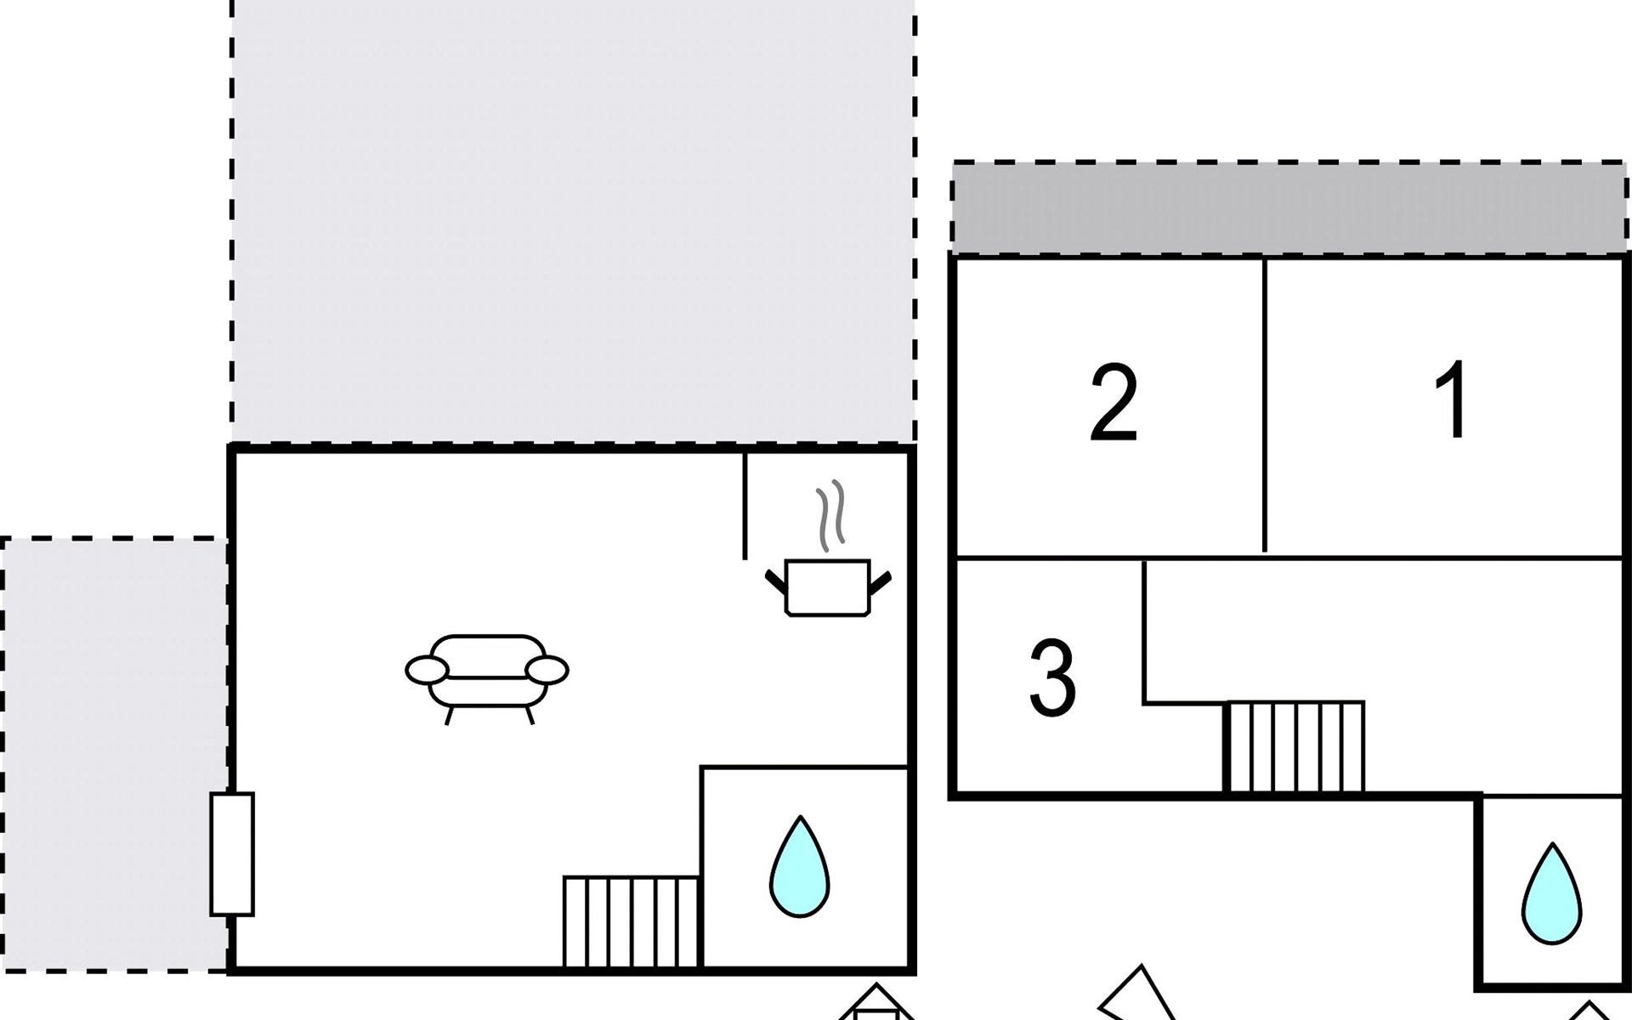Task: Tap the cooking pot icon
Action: pyautogui.click(x=827, y=586)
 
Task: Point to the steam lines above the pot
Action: pyautogui.click(x=831, y=514)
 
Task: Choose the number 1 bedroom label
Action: pyautogui.click(x=1452, y=399)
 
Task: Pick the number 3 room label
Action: pyautogui.click(x=1052, y=678)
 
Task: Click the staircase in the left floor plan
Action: pyautogui.click(x=631, y=921)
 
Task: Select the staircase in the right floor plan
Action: pyautogui.click(x=1295, y=747)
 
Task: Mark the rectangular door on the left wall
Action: pyautogui.click(x=232, y=853)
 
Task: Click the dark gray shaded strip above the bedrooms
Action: pyautogui.click(x=1288, y=208)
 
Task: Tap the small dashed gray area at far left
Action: pyautogui.click(x=113, y=753)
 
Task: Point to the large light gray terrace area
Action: pyautogui.click(x=572, y=221)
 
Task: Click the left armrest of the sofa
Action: pyautogui.click(x=427, y=671)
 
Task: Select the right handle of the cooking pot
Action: pyautogui.click(x=880, y=583)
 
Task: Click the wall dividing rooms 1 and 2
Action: pyautogui.click(x=1265, y=406)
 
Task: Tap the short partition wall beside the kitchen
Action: pyautogui.click(x=745, y=506)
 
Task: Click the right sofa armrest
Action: pyautogui.click(x=547, y=671)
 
